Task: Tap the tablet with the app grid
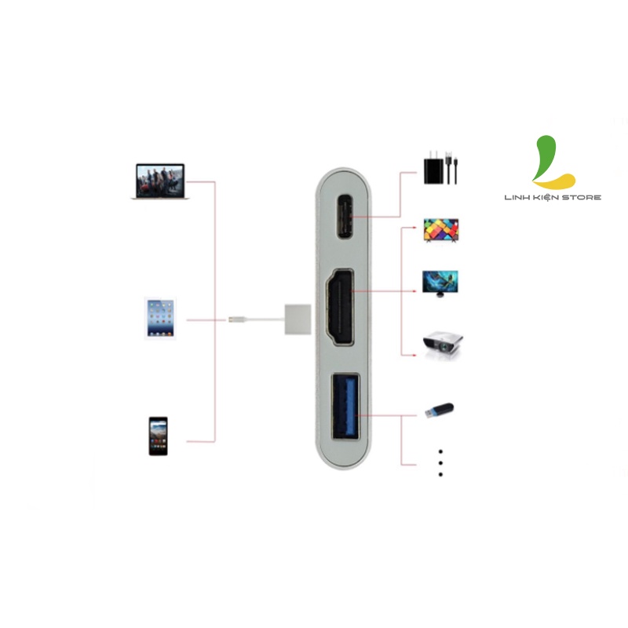(x=161, y=317)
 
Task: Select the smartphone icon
(x=158, y=436)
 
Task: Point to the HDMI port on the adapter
(x=341, y=307)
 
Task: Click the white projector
(x=443, y=343)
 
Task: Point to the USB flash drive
(x=439, y=411)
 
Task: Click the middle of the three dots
(x=440, y=463)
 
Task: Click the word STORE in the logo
(x=585, y=197)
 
